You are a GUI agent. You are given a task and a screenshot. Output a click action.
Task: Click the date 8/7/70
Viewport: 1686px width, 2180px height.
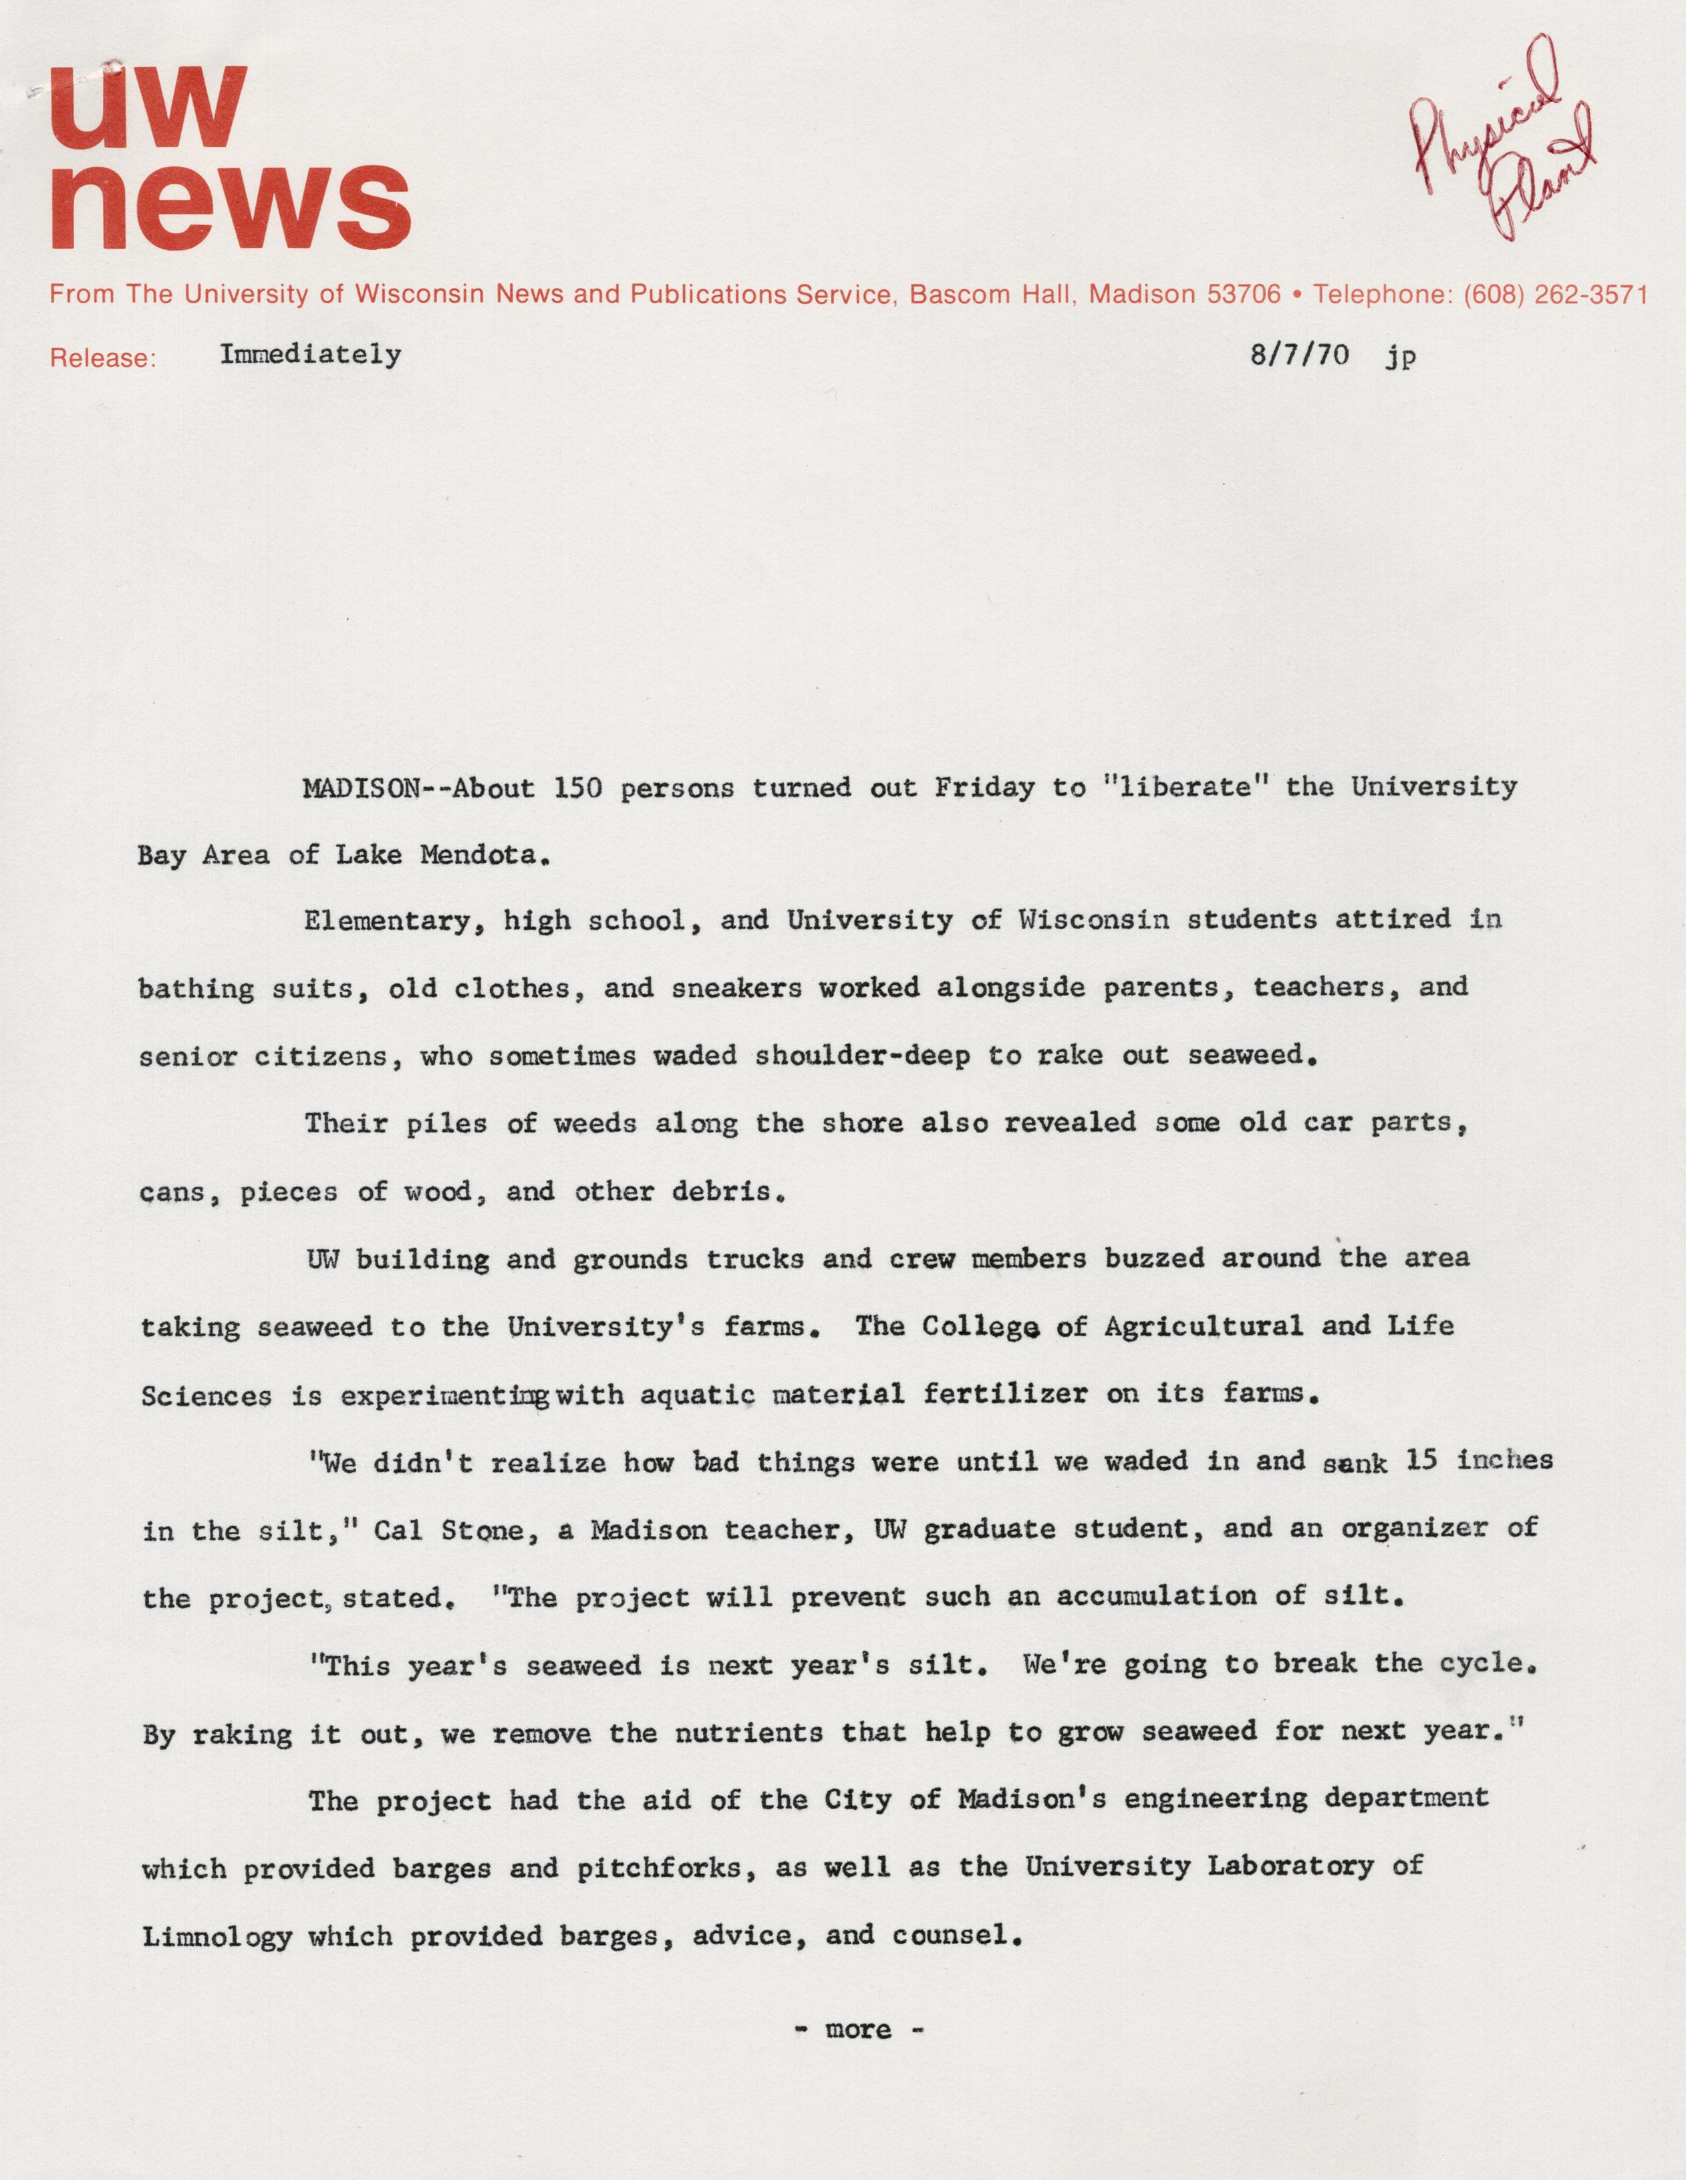click(x=1298, y=356)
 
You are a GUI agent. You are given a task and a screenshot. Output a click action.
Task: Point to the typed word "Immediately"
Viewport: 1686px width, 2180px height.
click(x=311, y=354)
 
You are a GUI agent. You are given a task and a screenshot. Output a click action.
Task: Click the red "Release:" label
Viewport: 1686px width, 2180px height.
click(x=103, y=357)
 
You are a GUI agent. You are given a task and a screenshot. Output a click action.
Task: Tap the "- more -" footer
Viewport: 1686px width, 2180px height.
click(x=859, y=2029)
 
